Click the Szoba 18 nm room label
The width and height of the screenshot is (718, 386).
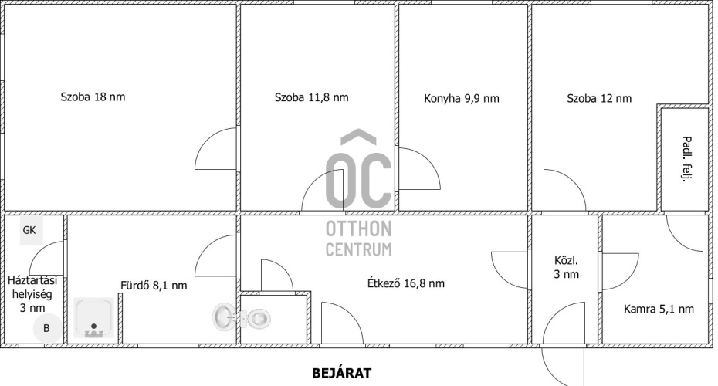(93, 97)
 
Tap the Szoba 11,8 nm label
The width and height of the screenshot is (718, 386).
(311, 97)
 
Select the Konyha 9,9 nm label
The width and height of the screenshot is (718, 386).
(462, 99)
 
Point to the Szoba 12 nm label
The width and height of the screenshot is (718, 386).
(599, 99)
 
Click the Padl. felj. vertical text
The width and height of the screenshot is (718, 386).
(686, 159)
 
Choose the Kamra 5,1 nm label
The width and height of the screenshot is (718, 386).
(659, 309)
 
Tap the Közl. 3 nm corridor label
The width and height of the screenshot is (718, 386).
(567, 267)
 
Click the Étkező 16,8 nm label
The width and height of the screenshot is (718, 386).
(405, 283)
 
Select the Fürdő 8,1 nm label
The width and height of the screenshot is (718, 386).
(154, 286)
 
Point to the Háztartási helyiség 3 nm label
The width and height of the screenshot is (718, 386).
(32, 294)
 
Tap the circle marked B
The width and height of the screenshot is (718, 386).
(46, 328)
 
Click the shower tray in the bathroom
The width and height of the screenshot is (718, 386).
(94, 318)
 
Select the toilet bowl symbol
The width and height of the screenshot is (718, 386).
(259, 317)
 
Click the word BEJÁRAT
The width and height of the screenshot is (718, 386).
(341, 373)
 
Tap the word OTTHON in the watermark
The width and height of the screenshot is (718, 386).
(358, 229)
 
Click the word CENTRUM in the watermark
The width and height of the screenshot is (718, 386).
(358, 249)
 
